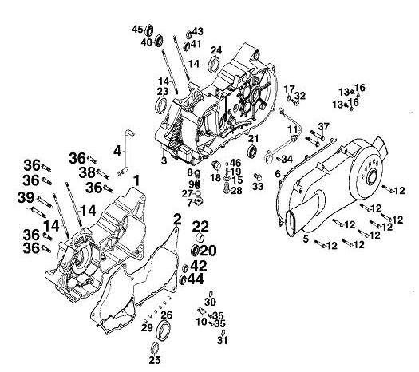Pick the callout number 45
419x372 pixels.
pos(136,30)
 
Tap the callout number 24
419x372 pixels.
pos(215,50)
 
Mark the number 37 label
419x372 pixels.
pos(323,127)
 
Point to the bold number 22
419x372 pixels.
pos(200,226)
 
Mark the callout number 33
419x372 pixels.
pos(257,187)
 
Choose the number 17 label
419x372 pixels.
pos(289,88)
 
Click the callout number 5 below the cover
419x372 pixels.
pos(305,239)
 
